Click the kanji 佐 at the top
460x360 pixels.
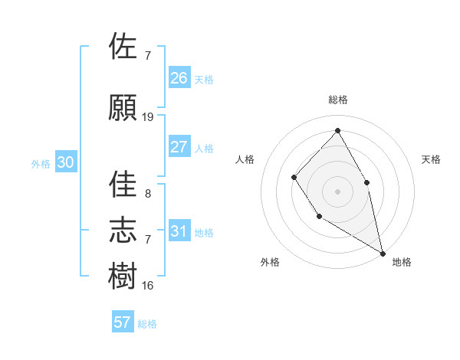(123, 46)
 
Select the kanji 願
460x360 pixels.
(123, 107)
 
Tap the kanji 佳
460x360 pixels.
(123, 184)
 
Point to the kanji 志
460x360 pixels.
(123, 229)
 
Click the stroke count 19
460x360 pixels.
(148, 117)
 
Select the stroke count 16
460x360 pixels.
(148, 286)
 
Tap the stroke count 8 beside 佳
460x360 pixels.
(147, 194)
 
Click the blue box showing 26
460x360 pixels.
(179, 77)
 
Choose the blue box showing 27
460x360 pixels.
(179, 147)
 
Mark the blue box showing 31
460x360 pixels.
(179, 231)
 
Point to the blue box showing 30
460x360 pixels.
(65, 162)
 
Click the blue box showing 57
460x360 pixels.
(123, 322)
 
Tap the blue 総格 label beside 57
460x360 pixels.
(147, 324)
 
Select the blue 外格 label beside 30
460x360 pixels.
(41, 163)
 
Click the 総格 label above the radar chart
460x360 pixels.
(337, 100)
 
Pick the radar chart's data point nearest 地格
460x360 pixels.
(383, 252)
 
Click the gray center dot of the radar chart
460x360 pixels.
(337, 191)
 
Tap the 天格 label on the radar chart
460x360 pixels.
(432, 159)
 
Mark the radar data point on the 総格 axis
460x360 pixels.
(337, 130)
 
